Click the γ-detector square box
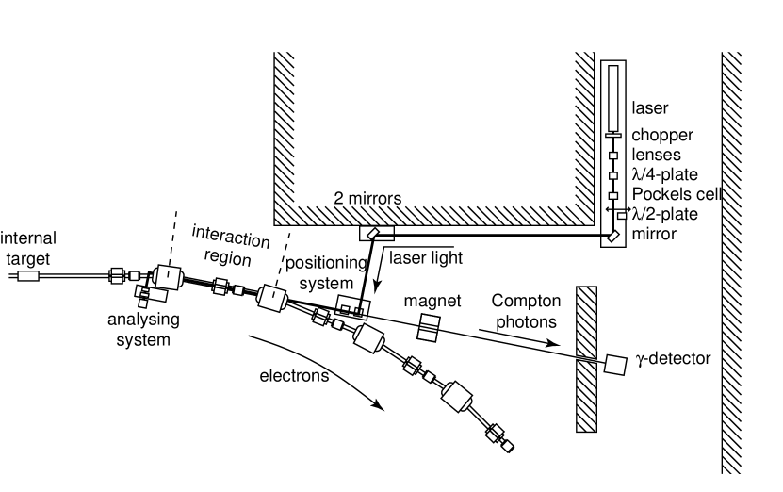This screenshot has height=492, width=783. pyautogui.click(x=616, y=365)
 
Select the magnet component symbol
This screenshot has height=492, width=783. pyautogui.click(x=428, y=329)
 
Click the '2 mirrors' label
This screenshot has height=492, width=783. pyautogui.click(x=368, y=199)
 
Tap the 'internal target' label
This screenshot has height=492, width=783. pyautogui.click(x=28, y=247)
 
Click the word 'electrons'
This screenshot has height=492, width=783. pyautogui.click(x=294, y=376)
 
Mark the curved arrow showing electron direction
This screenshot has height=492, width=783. pyautogui.click(x=320, y=368)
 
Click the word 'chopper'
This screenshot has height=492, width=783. pyautogui.click(x=662, y=136)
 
